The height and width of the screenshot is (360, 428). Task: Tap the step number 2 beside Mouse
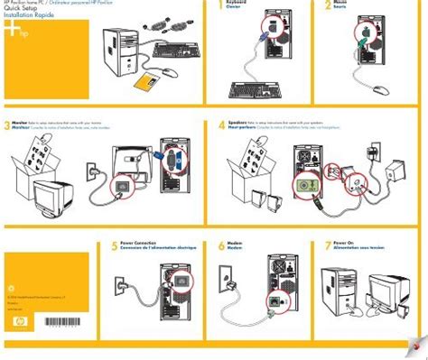coord(330,7)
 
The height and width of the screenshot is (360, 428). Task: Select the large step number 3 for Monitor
coord(7,126)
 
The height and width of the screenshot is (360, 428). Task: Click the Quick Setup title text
coord(20,11)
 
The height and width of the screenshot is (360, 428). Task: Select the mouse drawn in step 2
coord(380,88)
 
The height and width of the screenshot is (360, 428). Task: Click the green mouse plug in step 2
coord(364,38)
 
